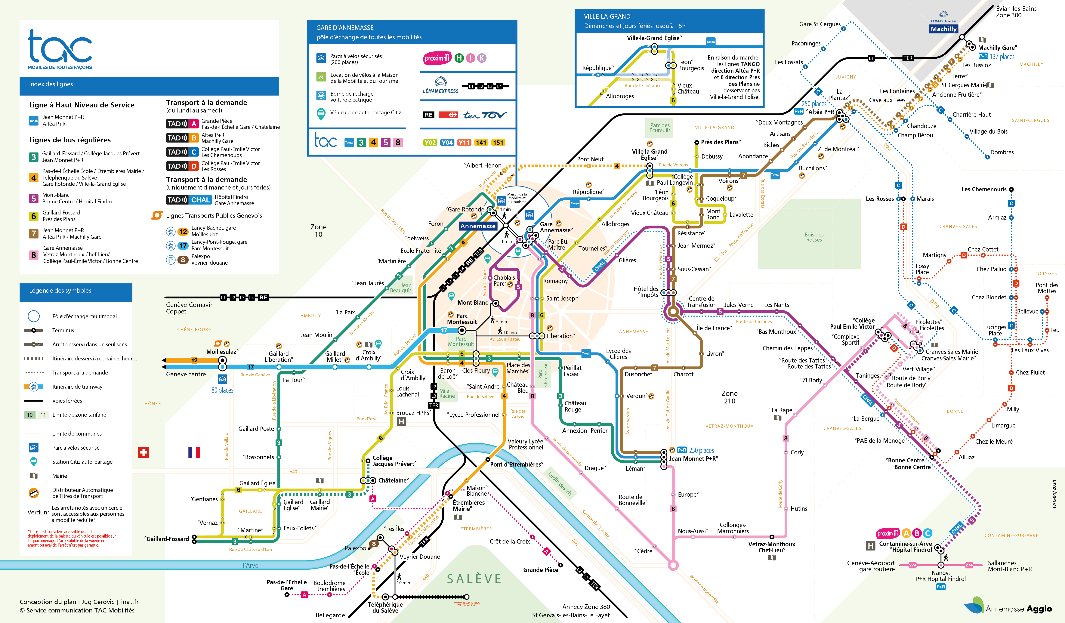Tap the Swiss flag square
(x=144, y=452)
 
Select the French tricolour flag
(x=194, y=452)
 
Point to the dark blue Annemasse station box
(x=477, y=226)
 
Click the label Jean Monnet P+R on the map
(x=693, y=459)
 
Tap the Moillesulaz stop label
(x=222, y=352)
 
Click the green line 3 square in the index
(x=33, y=157)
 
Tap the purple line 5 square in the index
(x=33, y=198)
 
